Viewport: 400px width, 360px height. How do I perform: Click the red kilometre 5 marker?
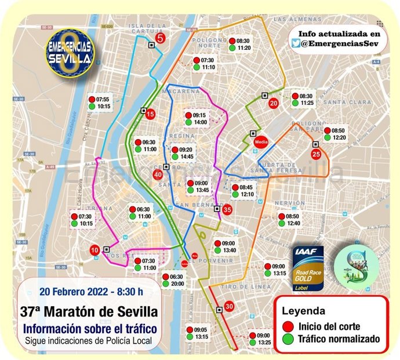point(161,38)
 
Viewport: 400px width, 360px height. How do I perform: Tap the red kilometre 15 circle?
point(150,114)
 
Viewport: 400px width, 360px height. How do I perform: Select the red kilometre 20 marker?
point(274,103)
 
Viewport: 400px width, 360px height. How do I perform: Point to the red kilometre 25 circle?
point(316,154)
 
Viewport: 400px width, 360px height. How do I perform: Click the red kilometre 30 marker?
point(228,306)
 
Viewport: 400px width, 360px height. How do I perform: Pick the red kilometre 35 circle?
point(227,210)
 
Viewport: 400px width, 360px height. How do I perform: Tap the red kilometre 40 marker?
point(158,174)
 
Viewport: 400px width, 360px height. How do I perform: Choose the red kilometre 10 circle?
point(94,250)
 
